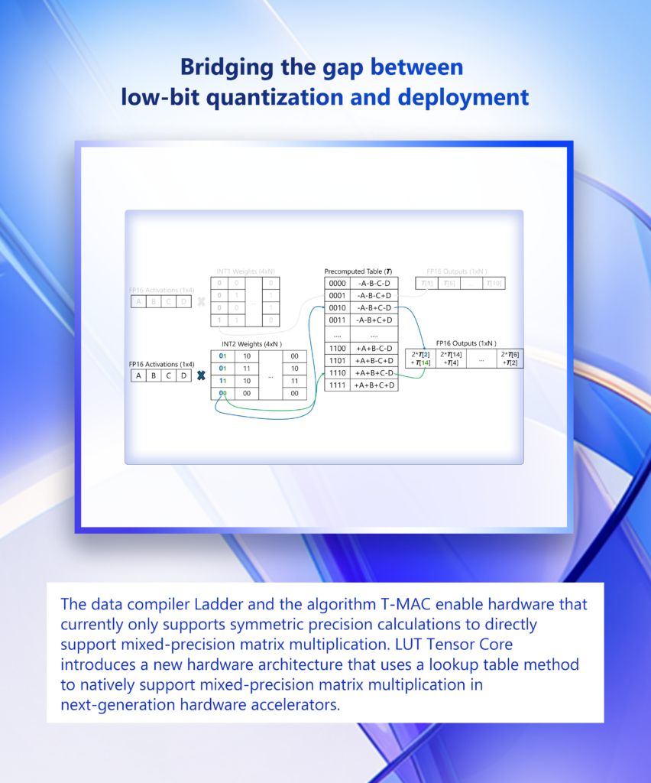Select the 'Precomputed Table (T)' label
(x=360, y=271)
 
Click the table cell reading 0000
(x=337, y=283)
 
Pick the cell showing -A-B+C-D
(x=374, y=307)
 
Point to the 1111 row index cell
(x=337, y=385)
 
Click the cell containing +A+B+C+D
(x=374, y=385)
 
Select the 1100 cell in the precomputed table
(x=337, y=348)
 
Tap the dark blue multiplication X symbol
(x=201, y=375)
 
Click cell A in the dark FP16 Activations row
(x=138, y=375)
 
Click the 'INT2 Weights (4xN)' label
(x=251, y=344)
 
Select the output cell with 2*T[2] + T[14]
(x=420, y=358)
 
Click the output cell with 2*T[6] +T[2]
(x=510, y=358)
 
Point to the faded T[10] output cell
(x=494, y=284)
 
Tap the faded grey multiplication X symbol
(x=201, y=301)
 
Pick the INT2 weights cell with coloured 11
(x=222, y=381)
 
